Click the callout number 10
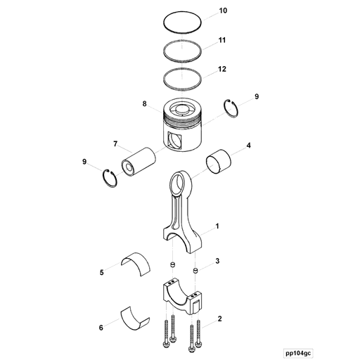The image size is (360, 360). [223, 11]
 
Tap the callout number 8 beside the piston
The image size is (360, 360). [145, 104]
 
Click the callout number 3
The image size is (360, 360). [217, 261]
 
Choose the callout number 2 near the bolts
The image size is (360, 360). [219, 319]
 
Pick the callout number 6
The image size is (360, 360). [101, 328]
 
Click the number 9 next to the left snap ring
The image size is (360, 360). [84, 162]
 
